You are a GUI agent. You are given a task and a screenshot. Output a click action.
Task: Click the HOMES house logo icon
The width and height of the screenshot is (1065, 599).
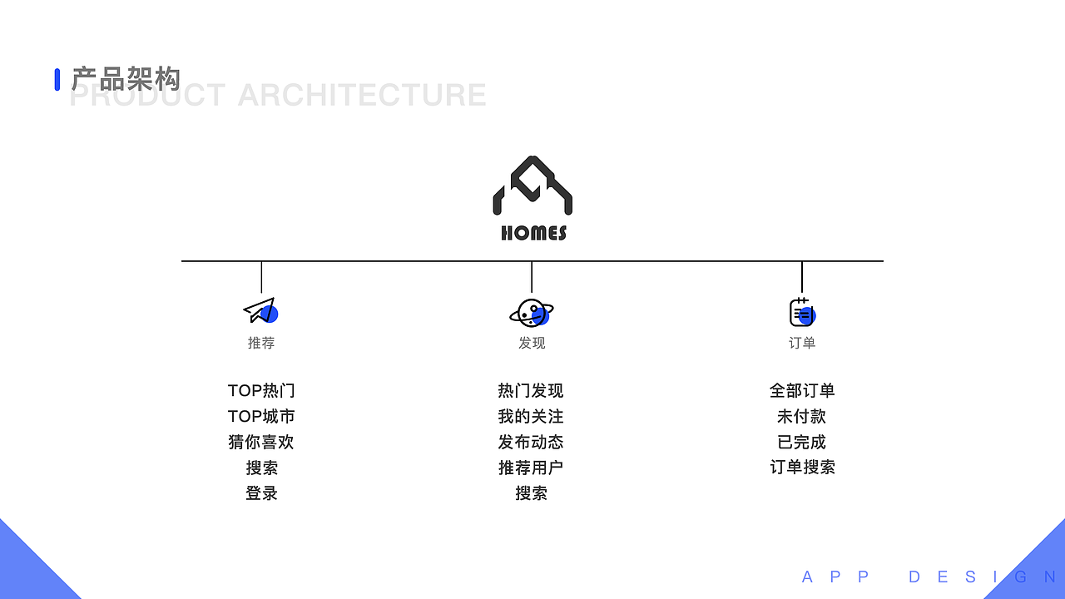pyautogui.click(x=532, y=186)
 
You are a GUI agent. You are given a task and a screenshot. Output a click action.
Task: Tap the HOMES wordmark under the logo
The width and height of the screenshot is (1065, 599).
pyautogui.click(x=533, y=233)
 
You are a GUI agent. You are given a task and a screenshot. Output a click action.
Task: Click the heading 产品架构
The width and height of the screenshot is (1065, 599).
pyautogui.click(x=126, y=79)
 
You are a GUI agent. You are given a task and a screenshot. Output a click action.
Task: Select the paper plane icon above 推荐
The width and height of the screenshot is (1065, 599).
pyautogui.click(x=260, y=310)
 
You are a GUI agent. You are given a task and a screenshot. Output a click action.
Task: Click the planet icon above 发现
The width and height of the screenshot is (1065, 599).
pyautogui.click(x=532, y=313)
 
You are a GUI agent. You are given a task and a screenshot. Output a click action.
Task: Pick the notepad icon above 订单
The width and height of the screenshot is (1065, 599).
pyautogui.click(x=801, y=312)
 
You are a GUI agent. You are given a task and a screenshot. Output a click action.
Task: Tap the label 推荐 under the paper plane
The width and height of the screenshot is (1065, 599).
pyautogui.click(x=261, y=343)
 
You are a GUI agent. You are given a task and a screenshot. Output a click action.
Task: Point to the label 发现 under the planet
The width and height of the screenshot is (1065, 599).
pyautogui.click(x=532, y=343)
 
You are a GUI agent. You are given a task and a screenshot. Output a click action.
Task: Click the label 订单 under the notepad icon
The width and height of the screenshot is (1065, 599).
pyautogui.click(x=802, y=343)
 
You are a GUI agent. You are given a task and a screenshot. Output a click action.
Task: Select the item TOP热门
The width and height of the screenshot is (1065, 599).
pyautogui.click(x=261, y=391)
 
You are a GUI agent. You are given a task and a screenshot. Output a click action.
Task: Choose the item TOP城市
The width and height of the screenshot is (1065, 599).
pyautogui.click(x=261, y=417)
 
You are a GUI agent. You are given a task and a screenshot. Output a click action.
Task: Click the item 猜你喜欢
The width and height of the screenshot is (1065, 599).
pyautogui.click(x=261, y=443)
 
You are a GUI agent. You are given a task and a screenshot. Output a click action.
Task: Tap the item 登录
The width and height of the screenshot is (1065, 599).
pyautogui.click(x=261, y=493)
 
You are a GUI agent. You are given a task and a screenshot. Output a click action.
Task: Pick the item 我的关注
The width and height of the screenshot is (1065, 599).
pyautogui.click(x=531, y=417)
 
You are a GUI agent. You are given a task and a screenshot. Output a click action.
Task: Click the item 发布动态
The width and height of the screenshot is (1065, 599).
pyautogui.click(x=531, y=443)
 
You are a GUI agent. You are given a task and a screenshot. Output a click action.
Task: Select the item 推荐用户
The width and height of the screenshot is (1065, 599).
pyautogui.click(x=531, y=468)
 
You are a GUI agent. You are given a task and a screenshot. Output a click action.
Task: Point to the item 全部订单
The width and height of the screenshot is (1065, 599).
pyautogui.click(x=802, y=391)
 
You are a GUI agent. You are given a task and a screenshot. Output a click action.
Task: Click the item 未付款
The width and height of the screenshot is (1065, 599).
pyautogui.click(x=802, y=417)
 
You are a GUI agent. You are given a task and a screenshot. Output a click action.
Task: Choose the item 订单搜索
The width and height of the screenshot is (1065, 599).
pyautogui.click(x=802, y=468)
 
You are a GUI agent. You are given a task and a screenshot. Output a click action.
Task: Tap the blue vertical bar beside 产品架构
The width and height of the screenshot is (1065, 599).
pyautogui.click(x=57, y=79)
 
